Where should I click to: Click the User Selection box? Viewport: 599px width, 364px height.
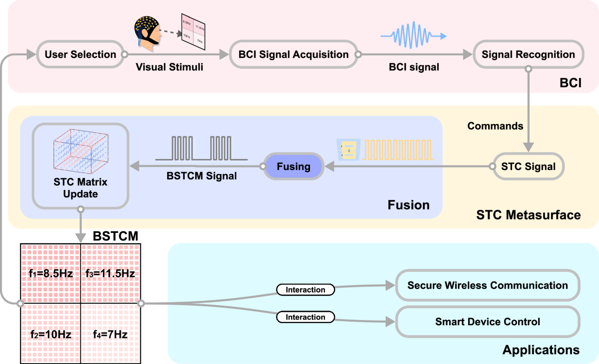coord(80,54)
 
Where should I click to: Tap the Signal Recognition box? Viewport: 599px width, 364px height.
coord(528,54)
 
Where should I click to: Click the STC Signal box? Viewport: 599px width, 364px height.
coord(528,166)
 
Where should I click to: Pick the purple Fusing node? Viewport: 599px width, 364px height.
coord(293,166)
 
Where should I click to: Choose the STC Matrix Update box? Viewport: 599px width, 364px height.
coord(80,166)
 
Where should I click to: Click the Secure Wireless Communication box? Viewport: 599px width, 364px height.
coord(487,286)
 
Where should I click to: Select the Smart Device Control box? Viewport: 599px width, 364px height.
coord(487,322)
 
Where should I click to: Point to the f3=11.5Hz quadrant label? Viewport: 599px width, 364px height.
coord(110,274)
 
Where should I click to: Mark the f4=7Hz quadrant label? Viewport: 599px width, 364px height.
coord(110,335)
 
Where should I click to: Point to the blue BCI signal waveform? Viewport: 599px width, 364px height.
coord(412,36)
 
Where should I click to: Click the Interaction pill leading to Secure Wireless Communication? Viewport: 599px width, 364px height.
coord(305,289)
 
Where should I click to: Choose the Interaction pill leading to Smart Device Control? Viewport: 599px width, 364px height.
coord(305,317)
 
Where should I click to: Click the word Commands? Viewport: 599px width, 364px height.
coord(495,126)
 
